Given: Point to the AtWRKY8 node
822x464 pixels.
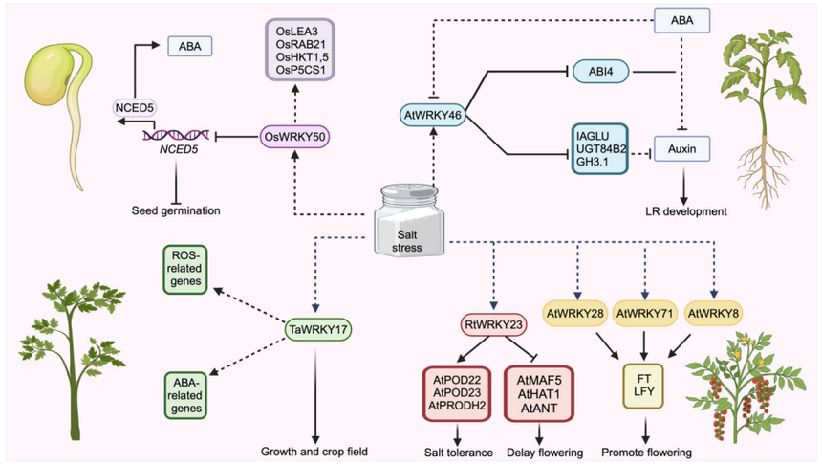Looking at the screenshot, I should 712,312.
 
